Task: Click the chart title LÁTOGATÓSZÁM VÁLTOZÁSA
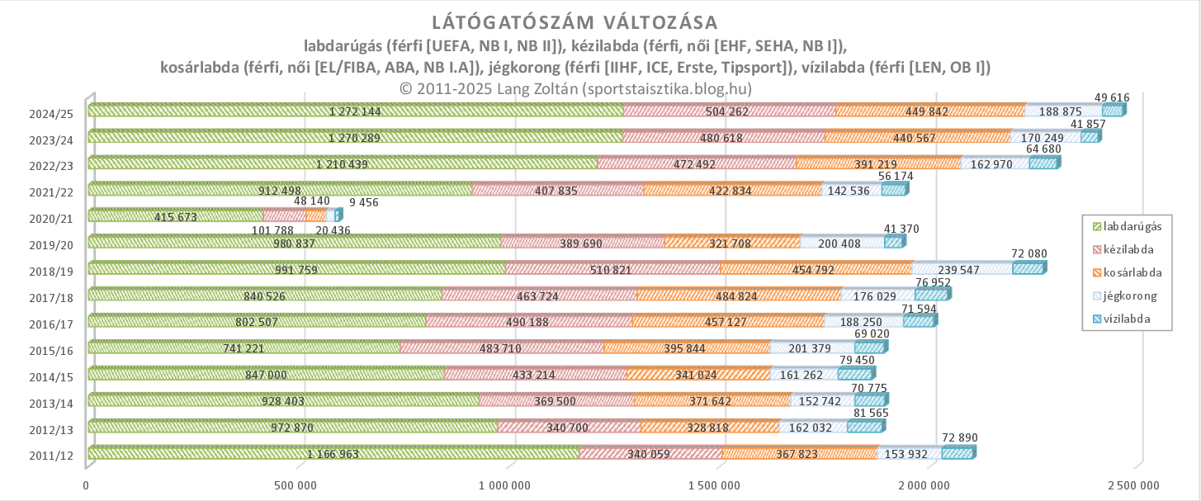(574, 22)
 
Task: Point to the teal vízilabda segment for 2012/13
(865, 426)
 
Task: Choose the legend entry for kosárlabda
(1128, 272)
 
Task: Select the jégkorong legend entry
(1128, 295)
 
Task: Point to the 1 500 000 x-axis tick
(719, 485)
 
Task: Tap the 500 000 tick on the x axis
(299, 485)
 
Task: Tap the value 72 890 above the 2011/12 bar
(959, 437)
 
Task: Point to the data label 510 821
(612, 270)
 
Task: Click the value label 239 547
(962, 270)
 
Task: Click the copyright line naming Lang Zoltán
(574, 88)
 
